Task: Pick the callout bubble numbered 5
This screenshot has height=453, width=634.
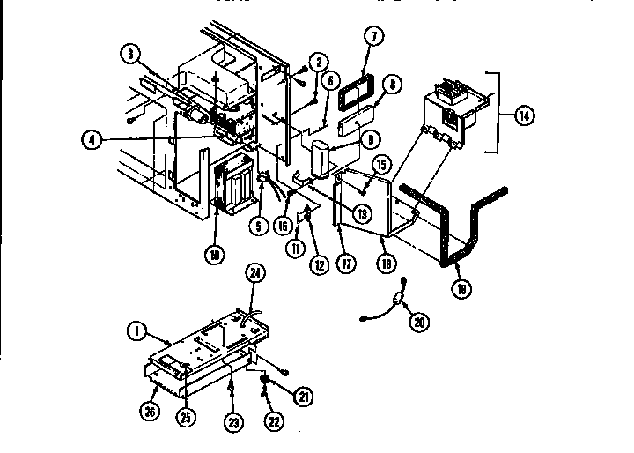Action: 259,226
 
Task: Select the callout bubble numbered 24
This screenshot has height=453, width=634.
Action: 256,274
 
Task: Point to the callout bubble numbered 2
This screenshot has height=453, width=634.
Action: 318,61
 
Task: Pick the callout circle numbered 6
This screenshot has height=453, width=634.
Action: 331,80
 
